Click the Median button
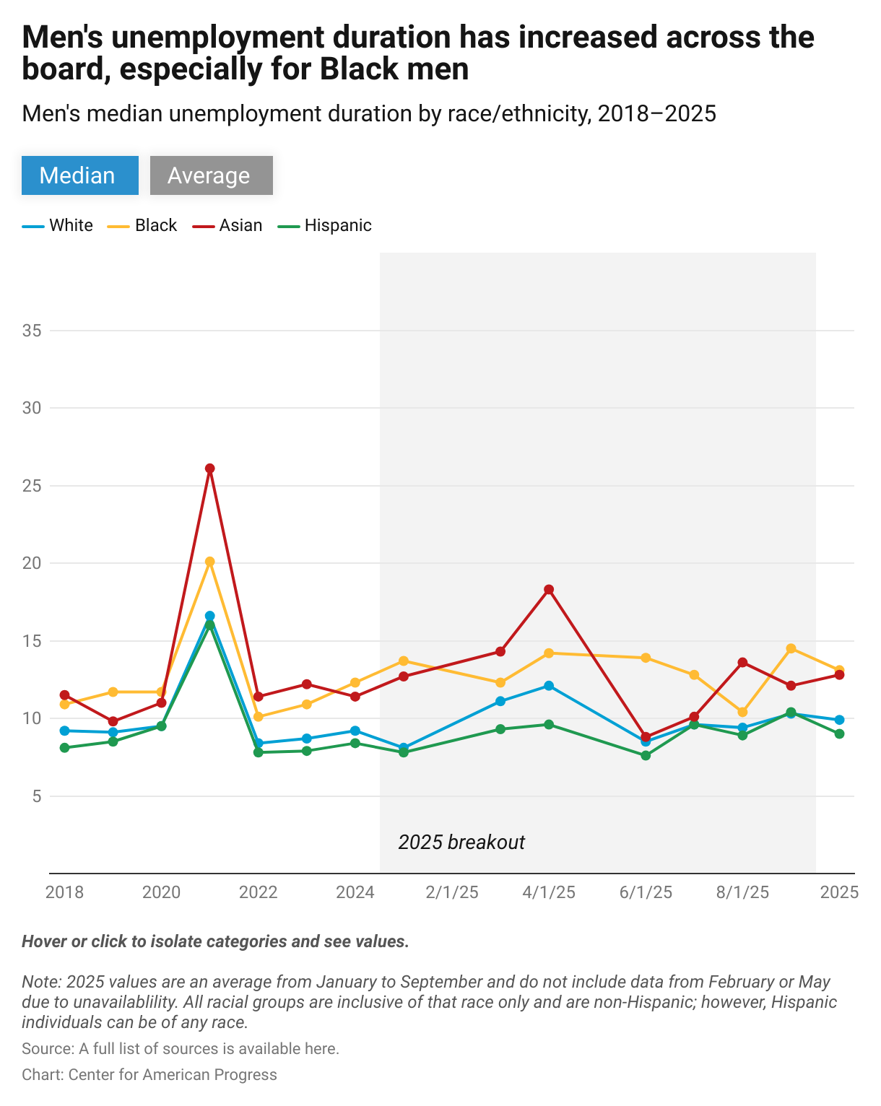tap(79, 175)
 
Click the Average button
tap(211, 175)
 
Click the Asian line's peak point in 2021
tap(210, 469)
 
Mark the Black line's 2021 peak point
tap(210, 562)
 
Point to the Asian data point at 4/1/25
tap(549, 590)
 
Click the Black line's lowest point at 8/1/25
tap(742, 712)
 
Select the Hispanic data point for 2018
tap(64, 748)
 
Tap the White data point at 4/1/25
tap(549, 686)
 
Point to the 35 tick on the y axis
tap(32, 331)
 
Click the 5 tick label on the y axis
tap(36, 796)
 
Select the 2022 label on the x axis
tap(258, 892)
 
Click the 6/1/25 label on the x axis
tap(646, 892)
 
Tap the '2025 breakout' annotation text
tap(461, 842)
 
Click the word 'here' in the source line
tap(322, 1048)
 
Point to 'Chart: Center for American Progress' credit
tap(149, 1074)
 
